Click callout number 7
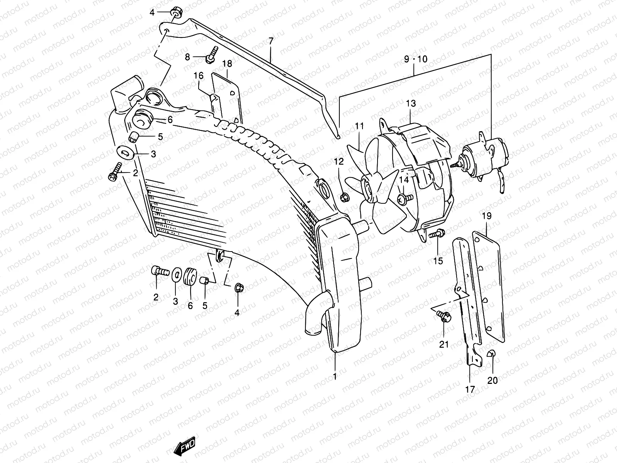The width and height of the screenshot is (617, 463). point(271,41)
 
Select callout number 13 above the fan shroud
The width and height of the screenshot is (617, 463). point(411,103)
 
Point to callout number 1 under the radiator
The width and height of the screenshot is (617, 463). point(335,376)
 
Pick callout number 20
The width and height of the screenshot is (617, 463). point(492,380)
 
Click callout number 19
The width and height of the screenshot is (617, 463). point(486,216)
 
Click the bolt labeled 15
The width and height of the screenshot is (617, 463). point(438,233)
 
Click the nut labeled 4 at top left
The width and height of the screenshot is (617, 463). point(177,13)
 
